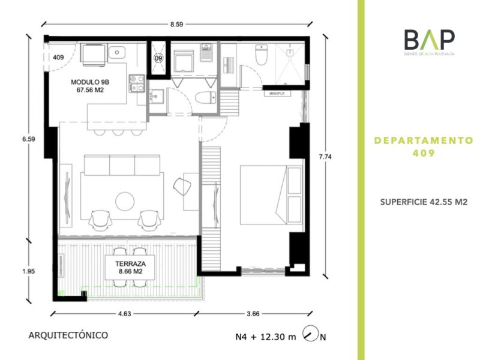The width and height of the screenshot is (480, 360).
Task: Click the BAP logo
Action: pyautogui.click(x=428, y=43)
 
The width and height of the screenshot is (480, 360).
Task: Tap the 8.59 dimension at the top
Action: pyautogui.click(x=176, y=25)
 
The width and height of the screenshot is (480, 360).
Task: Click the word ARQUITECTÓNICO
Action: pyautogui.click(x=68, y=335)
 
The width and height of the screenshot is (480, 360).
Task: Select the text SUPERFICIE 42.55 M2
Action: pyautogui.click(x=424, y=202)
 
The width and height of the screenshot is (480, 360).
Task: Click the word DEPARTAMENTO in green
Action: pyautogui.click(x=424, y=140)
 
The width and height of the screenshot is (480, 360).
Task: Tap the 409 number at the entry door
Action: pyautogui.click(x=58, y=58)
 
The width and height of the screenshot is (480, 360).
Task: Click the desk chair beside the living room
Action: pyautogui.click(x=181, y=187)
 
